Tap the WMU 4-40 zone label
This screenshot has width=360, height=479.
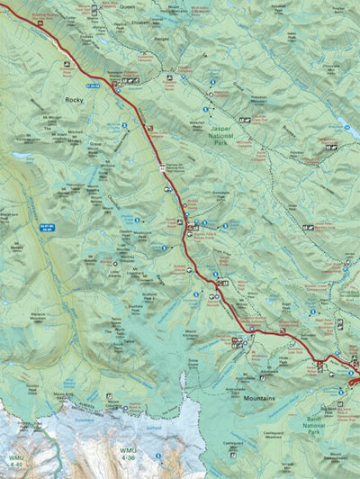tap(13, 461)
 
